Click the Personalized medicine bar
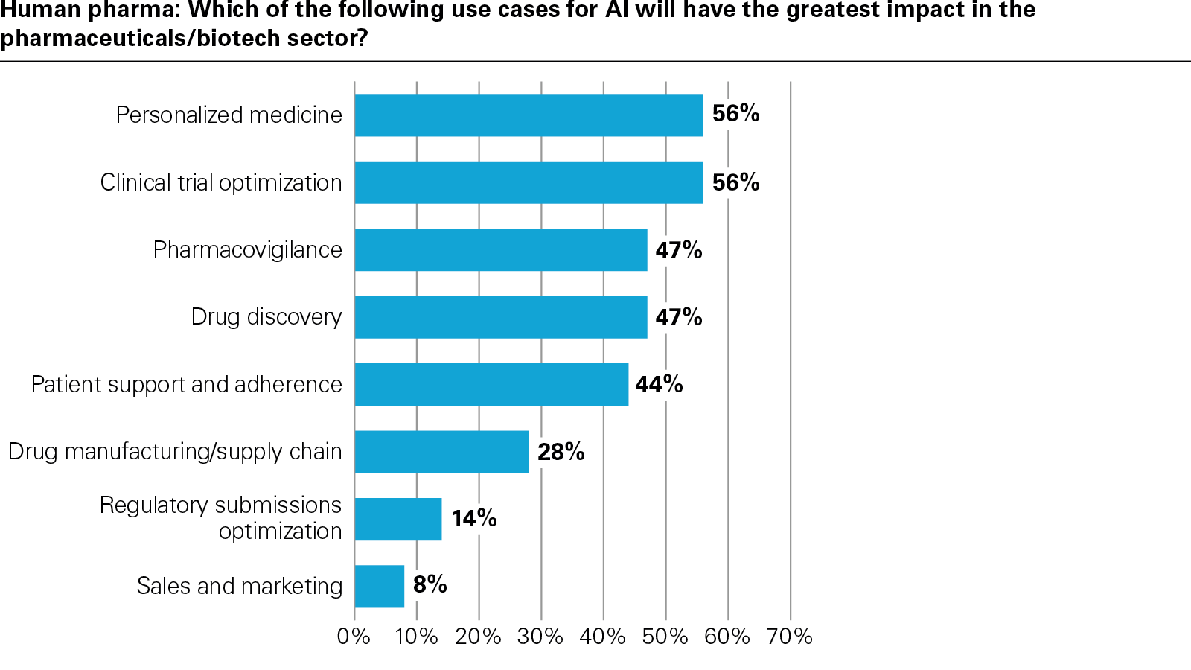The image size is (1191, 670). (529, 115)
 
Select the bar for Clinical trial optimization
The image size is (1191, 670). (529, 182)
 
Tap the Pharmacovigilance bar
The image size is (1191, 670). (500, 249)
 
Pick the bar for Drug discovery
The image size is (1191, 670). (500, 317)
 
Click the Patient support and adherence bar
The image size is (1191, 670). (491, 384)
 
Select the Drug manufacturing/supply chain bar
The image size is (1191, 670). (441, 452)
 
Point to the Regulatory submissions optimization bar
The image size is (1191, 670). (398, 519)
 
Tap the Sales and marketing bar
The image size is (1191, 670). (380, 586)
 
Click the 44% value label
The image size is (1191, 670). (659, 384)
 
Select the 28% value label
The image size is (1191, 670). (561, 452)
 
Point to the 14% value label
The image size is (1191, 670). (473, 518)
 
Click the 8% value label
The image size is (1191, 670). (430, 584)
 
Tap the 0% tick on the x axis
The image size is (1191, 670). (354, 636)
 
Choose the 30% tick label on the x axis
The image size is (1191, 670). (540, 636)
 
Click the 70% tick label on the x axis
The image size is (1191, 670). (789, 636)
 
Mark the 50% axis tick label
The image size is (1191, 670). (665, 636)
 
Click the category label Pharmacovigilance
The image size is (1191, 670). (247, 249)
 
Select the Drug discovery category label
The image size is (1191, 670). (266, 317)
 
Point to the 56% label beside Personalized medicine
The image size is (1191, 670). (735, 113)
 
